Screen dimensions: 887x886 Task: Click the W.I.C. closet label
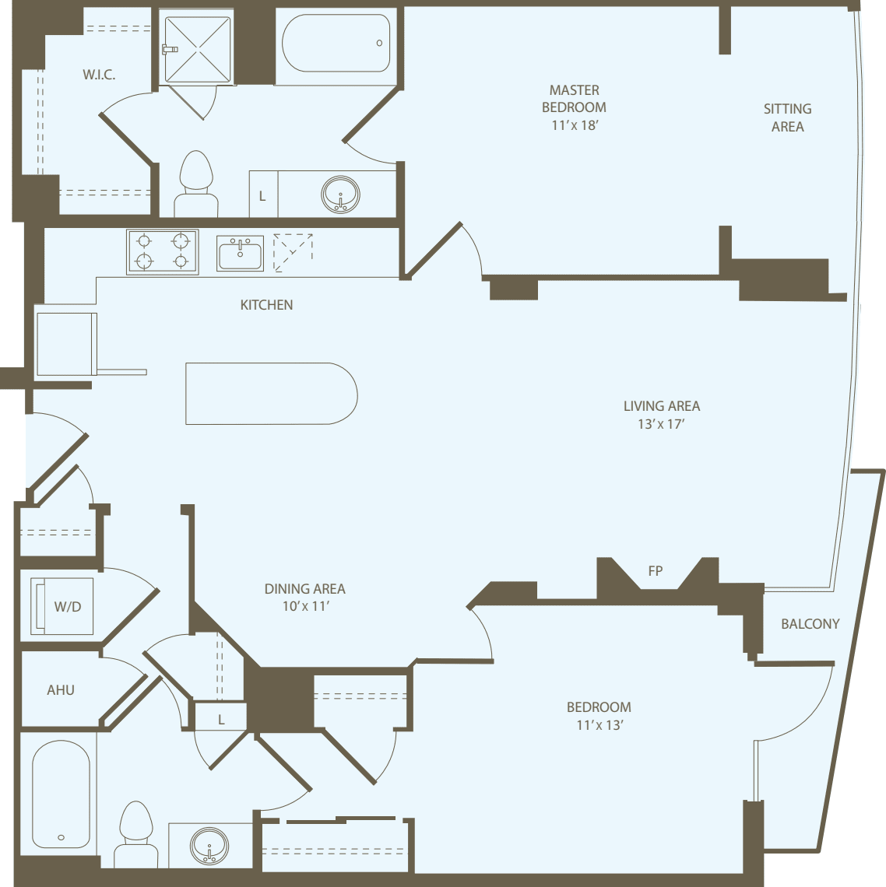[99, 75]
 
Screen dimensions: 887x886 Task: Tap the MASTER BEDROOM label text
[574, 99]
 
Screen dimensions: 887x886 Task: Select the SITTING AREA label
[787, 117]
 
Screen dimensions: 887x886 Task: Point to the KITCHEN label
[266, 305]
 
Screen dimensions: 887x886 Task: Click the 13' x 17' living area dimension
[660, 424]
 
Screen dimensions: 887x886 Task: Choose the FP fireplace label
[656, 571]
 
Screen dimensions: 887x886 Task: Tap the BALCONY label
[810, 624]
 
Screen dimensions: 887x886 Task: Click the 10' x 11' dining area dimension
[305, 606]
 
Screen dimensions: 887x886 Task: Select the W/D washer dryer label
[67, 607]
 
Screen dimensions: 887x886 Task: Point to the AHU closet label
[61, 690]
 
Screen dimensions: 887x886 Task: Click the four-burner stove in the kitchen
[162, 251]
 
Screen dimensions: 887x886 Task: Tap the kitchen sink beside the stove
[240, 253]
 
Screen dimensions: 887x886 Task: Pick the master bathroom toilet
[196, 183]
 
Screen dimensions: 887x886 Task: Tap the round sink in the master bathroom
[340, 194]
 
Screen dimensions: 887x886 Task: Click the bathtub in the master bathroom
[336, 43]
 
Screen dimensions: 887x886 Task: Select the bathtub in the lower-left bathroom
[61, 794]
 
